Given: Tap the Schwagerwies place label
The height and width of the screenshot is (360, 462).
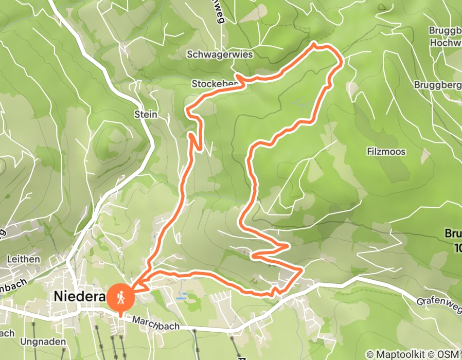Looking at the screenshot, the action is click(x=219, y=55).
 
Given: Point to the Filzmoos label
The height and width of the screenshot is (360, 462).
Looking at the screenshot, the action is click(x=386, y=152).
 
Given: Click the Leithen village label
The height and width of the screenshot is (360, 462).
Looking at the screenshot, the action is click(x=23, y=259).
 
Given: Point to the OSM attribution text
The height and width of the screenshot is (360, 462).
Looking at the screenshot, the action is click(x=450, y=354).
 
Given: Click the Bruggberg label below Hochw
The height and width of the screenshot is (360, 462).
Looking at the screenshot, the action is click(x=438, y=84).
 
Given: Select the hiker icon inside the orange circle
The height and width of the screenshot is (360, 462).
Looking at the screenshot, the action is click(x=120, y=297).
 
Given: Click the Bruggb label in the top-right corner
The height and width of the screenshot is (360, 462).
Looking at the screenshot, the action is click(x=445, y=30).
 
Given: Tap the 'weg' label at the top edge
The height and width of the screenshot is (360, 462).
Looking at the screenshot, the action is click(x=220, y=15).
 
